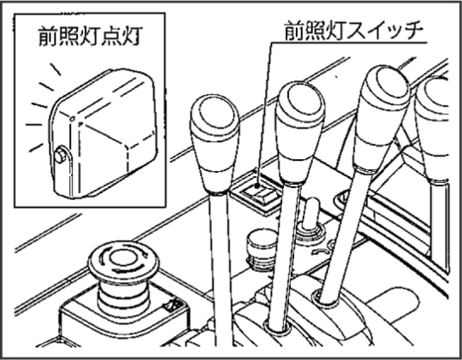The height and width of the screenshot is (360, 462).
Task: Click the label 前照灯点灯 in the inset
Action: coord(91,36)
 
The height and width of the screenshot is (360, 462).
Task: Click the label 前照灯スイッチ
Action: coord(353,30)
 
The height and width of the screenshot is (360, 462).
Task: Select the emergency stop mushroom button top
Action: coord(123,259)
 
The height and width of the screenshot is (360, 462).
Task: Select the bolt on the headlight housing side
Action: coord(61,155)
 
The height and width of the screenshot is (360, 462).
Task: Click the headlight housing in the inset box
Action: coord(104,133)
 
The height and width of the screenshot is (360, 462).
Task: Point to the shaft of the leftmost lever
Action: coord(220,269)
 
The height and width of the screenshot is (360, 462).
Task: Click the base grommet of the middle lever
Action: coord(277,327)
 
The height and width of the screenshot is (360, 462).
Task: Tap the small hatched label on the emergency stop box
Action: coord(174,306)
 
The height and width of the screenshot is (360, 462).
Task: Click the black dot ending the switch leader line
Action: coord(257,186)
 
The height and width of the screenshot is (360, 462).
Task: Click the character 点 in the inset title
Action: coord(111,36)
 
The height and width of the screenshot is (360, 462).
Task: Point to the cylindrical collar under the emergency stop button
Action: coord(123,298)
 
